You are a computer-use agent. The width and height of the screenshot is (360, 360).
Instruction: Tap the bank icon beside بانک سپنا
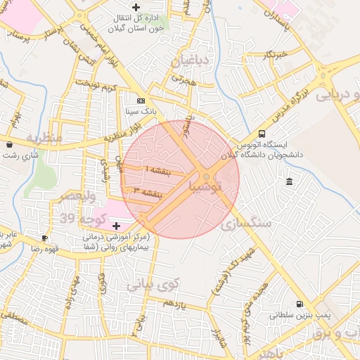coord(141,101)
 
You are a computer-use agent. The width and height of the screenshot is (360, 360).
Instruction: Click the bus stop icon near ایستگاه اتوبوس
coord(262,134)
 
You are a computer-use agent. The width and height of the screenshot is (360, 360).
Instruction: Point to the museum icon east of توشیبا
coord(290,183)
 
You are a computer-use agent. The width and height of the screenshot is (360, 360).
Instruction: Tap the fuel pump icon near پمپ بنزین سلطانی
coord(300,304)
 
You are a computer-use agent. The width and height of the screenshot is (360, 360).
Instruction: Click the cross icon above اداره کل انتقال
coord(136,7)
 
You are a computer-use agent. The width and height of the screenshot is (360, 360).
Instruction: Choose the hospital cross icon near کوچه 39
coord(116,226)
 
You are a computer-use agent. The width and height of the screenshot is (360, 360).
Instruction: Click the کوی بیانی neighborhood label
coord(155,284)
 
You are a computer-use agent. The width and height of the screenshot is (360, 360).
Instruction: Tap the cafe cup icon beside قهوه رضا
coord(45,238)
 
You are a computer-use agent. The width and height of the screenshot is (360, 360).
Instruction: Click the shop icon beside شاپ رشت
coord(8,145)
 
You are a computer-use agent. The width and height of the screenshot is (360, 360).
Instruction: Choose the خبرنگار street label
coord(271,53)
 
